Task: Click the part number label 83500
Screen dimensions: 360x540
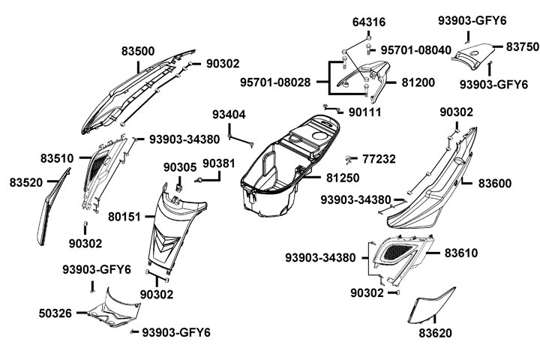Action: click(138, 52)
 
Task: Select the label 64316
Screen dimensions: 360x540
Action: click(368, 23)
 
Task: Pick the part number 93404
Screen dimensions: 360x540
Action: click(228, 115)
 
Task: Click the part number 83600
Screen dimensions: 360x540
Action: click(494, 182)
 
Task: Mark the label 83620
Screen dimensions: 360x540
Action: click(436, 331)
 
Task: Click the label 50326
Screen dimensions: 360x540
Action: click(56, 312)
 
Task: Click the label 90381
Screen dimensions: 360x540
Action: click(218, 163)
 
